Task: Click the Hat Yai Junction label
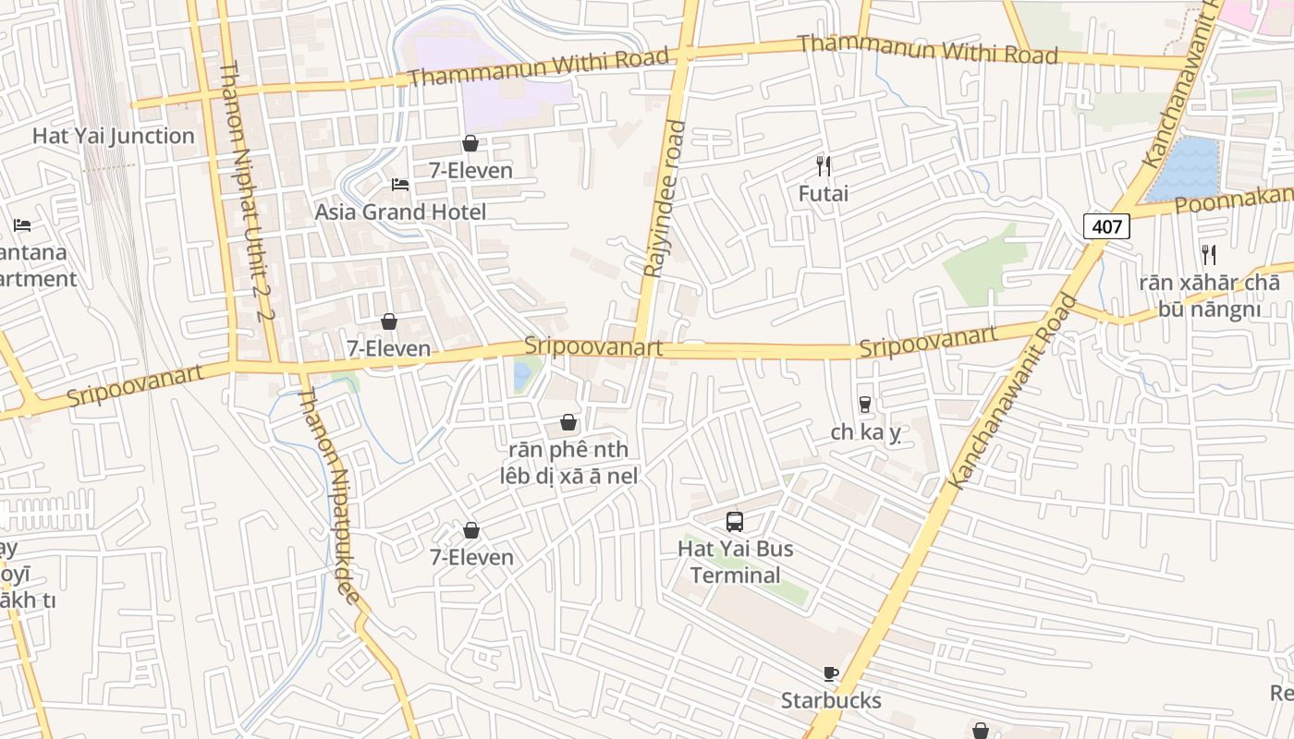click(x=114, y=136)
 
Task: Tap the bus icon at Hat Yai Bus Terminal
click(x=735, y=522)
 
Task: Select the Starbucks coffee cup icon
click(x=830, y=674)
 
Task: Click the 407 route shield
click(x=1106, y=226)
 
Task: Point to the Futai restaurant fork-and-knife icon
click(x=823, y=166)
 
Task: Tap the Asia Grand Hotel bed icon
click(x=400, y=185)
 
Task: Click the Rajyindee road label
click(x=665, y=199)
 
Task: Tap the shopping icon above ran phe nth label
click(x=568, y=423)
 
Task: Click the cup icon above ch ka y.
click(x=865, y=405)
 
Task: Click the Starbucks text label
click(x=831, y=700)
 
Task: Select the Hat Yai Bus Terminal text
click(x=735, y=562)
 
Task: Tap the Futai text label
click(x=823, y=194)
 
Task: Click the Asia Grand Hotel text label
click(x=400, y=212)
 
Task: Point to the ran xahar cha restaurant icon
click(x=1208, y=254)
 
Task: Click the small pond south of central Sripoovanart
click(x=522, y=374)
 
